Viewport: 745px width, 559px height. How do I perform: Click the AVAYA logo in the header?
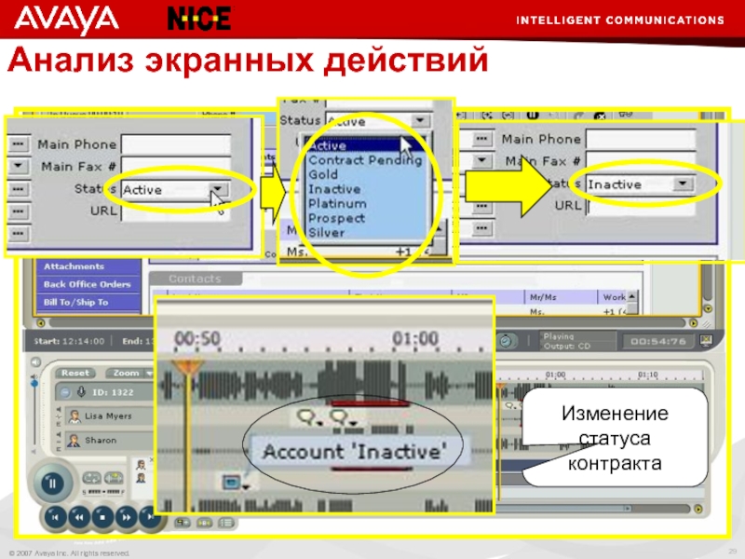67,18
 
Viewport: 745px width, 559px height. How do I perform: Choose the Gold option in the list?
323,174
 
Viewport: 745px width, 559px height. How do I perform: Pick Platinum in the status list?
337,203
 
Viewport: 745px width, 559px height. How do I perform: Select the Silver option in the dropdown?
326,232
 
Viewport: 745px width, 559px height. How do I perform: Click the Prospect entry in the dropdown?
336,218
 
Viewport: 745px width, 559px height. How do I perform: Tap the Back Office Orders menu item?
88,284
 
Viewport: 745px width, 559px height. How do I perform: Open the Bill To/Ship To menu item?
75,302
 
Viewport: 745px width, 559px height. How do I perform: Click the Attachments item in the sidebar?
74,266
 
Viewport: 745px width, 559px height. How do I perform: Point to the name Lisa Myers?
108,416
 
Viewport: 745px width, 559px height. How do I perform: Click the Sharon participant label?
100,439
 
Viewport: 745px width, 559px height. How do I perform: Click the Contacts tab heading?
195,279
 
